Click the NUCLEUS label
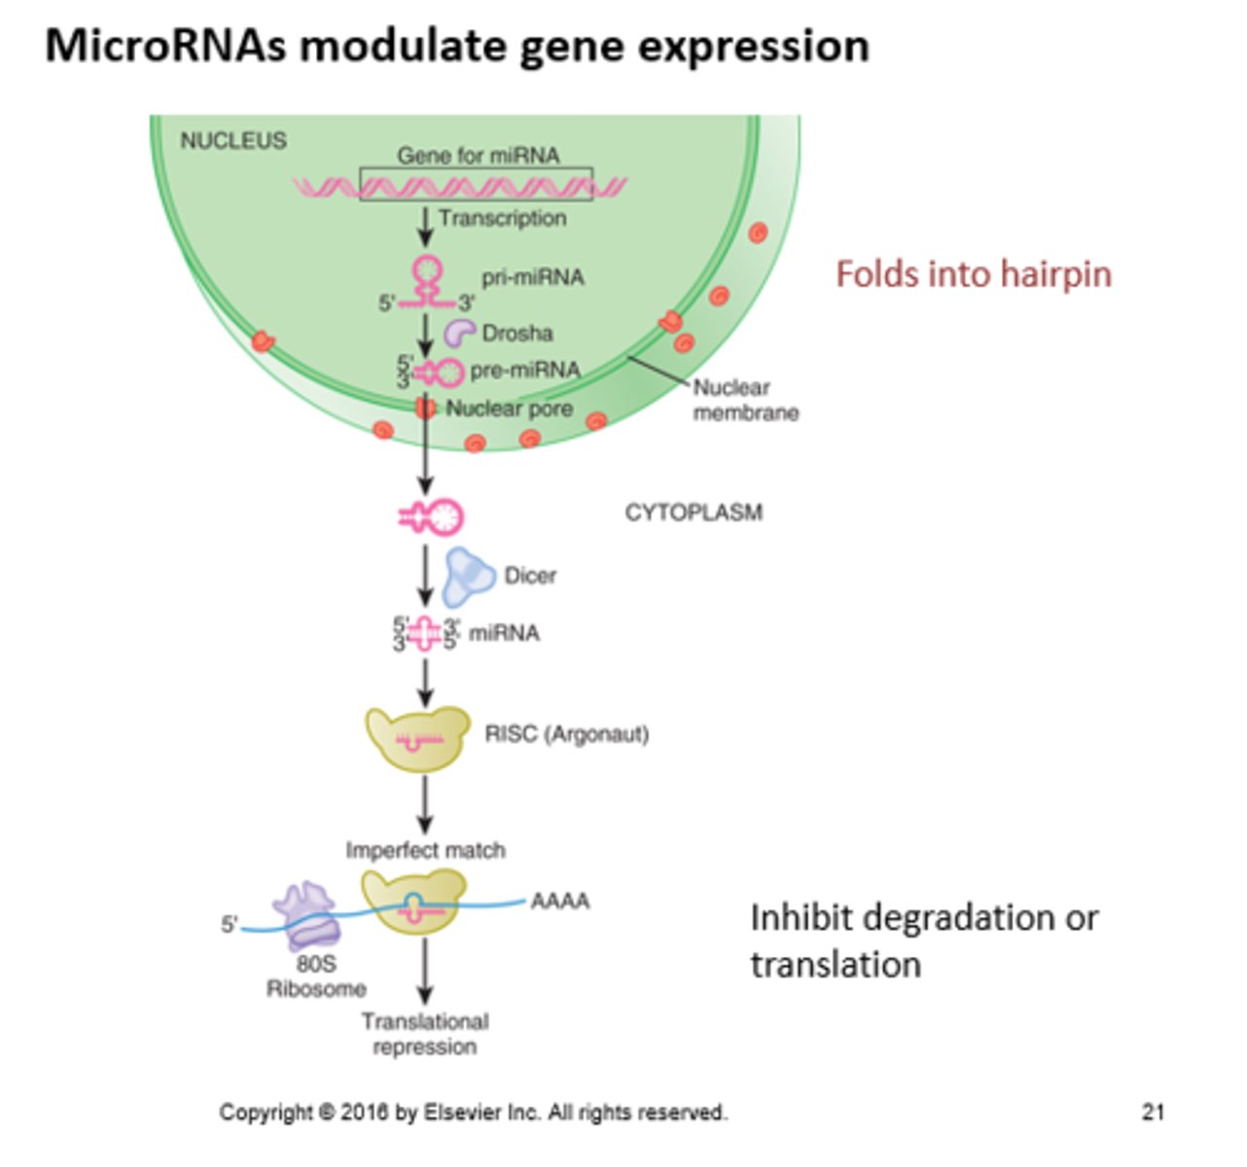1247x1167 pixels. [x=233, y=141]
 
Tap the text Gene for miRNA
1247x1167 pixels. [x=478, y=156]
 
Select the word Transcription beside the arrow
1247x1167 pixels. [x=502, y=219]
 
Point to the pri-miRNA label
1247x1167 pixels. [x=533, y=278]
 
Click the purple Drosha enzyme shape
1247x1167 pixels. [x=459, y=333]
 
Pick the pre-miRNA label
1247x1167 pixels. [x=524, y=371]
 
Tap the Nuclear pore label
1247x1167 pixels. [x=509, y=409]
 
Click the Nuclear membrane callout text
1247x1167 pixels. [x=745, y=401]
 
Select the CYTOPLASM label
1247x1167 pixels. [x=694, y=513]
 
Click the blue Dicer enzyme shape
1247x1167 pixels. [x=468, y=576]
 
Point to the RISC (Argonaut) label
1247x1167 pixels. [x=566, y=734]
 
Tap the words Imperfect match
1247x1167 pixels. [x=425, y=851]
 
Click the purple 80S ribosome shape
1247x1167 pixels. [x=306, y=916]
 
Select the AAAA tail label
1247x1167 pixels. [x=560, y=902]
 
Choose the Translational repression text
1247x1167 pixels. [x=425, y=1035]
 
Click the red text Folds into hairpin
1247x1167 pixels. [x=973, y=274]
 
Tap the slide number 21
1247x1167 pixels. [x=1153, y=1113]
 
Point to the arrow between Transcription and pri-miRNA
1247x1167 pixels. [x=425, y=227]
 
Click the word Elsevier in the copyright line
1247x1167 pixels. [x=467, y=1113]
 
